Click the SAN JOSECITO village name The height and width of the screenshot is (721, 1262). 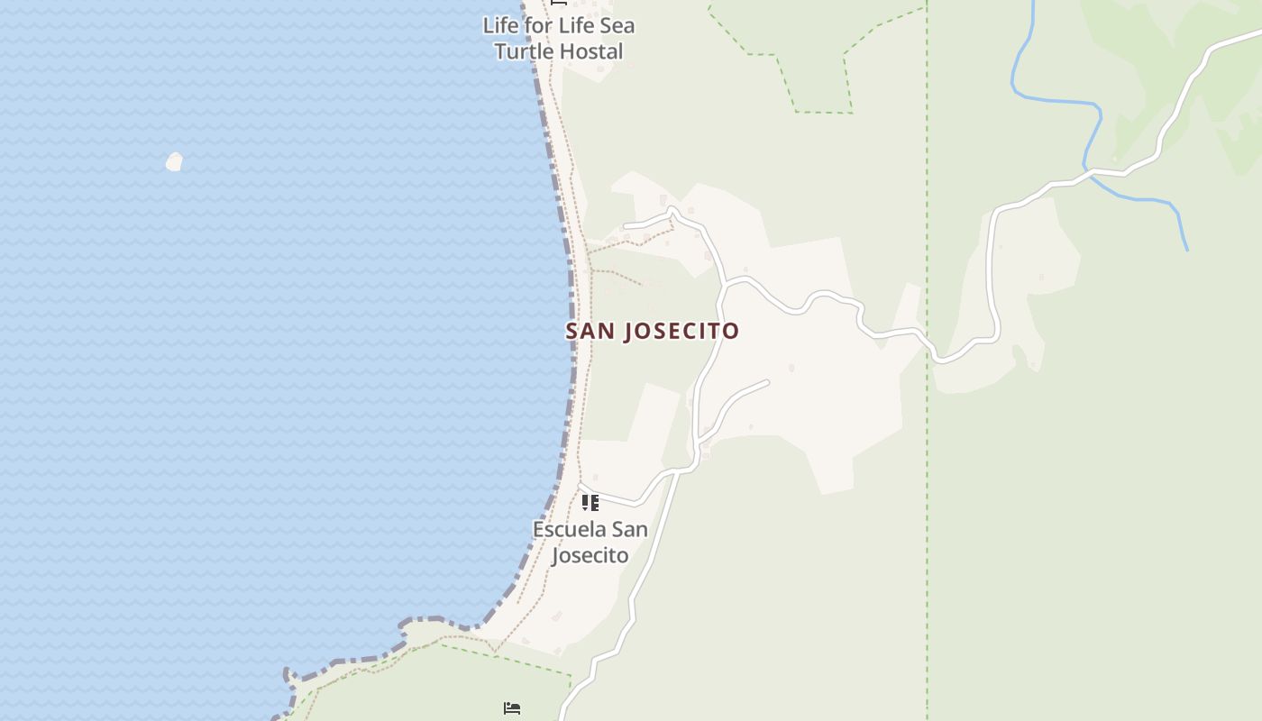pos(652,331)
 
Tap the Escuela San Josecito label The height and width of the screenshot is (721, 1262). pos(590,542)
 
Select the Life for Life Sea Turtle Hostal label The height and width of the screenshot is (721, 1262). pos(559,39)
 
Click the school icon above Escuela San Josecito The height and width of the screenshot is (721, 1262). pos(590,502)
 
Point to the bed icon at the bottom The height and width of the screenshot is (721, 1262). pos(512,708)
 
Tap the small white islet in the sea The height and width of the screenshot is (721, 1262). pos(174,162)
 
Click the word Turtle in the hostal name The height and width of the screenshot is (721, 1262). pos(524,51)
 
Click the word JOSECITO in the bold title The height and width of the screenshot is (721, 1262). pos(681,331)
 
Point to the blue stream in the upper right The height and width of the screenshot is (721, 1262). pos(1055,100)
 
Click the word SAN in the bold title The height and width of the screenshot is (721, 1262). pos(590,331)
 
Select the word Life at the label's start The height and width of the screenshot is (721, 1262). pos(500,26)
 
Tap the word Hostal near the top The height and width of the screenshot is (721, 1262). pos(590,51)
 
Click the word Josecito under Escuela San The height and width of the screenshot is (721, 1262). pos(590,555)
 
